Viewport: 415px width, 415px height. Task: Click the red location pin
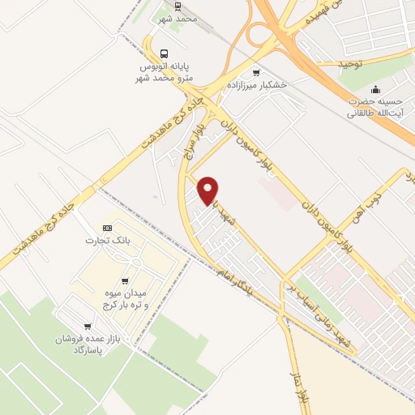tap(208, 190)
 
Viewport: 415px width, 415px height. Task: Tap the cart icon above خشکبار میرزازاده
tap(257, 72)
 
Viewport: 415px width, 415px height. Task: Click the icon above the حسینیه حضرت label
tap(376, 89)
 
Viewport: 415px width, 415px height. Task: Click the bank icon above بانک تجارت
tap(107, 228)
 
